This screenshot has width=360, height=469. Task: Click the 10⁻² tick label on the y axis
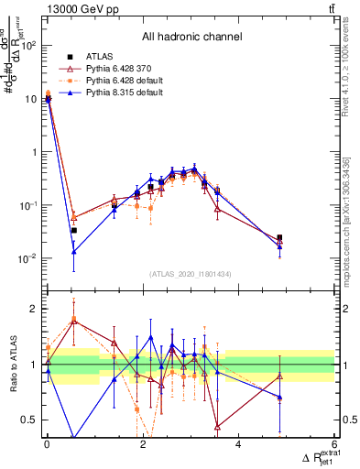27,258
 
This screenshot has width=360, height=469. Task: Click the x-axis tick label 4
238,445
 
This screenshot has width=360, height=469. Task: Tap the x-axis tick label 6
334,445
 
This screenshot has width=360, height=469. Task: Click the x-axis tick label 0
47,445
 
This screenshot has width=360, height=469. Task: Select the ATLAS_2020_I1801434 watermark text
191,273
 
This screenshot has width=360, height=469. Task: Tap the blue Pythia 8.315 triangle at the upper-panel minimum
73,251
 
